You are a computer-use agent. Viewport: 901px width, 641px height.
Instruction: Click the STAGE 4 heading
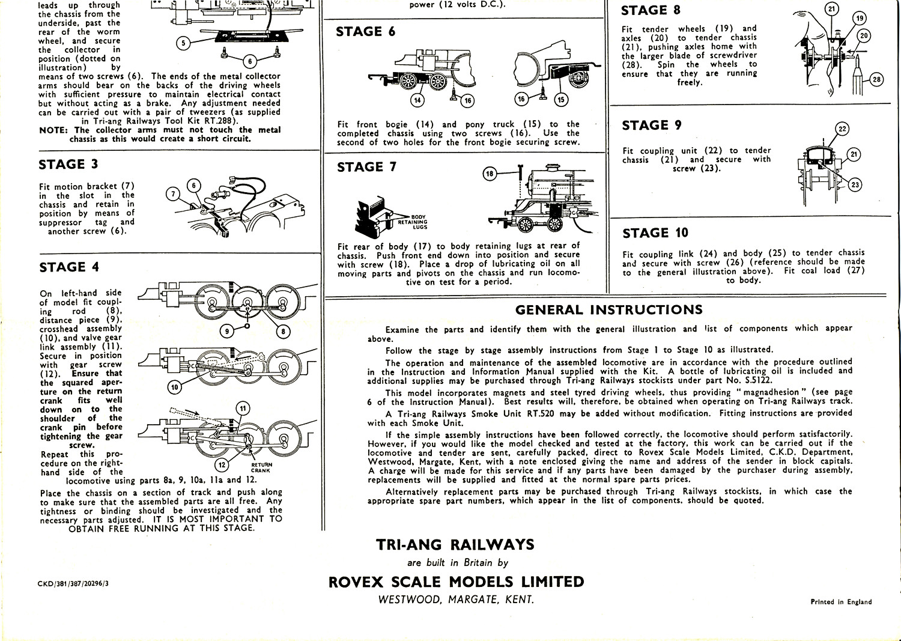(x=69, y=267)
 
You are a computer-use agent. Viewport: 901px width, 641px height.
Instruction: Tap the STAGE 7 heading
(x=366, y=167)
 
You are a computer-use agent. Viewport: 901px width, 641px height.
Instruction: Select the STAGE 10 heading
(x=655, y=233)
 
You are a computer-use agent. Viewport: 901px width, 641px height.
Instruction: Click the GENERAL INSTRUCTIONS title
(x=608, y=310)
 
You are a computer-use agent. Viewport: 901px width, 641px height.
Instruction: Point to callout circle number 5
(x=184, y=43)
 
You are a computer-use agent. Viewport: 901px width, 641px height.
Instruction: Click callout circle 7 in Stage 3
(x=173, y=193)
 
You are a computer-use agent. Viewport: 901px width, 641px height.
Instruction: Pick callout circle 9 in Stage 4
(x=226, y=331)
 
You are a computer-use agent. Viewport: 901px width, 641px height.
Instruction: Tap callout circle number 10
(x=174, y=387)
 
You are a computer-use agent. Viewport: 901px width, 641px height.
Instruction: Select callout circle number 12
(x=222, y=464)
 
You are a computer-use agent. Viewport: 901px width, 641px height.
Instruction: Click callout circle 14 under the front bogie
(x=417, y=100)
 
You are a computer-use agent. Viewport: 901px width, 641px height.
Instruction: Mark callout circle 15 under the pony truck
(x=560, y=99)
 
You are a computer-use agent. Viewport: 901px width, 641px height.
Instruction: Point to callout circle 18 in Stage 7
(x=490, y=174)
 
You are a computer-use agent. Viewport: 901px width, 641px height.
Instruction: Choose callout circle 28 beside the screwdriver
(x=876, y=79)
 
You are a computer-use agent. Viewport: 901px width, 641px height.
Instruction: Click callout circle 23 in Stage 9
(x=855, y=185)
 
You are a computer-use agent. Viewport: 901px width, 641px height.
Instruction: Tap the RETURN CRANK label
(x=261, y=467)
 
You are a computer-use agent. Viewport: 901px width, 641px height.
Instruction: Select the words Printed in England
(x=841, y=601)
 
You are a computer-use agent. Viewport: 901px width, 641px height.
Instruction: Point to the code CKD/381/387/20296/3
(x=73, y=583)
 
